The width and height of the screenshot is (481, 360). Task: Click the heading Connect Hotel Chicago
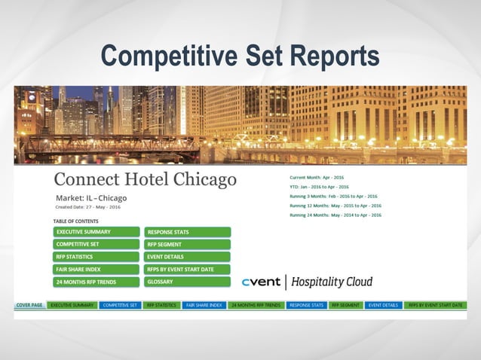pos(145,179)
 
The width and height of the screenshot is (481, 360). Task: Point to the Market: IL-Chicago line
pos(91,198)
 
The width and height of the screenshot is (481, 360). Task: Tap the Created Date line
pos(87,207)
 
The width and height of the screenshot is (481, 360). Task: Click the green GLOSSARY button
pos(187,282)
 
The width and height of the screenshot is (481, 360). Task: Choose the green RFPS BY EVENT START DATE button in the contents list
pos(187,269)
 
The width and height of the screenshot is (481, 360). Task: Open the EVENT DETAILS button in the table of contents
pos(187,257)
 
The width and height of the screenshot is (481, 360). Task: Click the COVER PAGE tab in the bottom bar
pos(29,305)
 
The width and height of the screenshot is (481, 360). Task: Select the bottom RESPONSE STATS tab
pos(306,305)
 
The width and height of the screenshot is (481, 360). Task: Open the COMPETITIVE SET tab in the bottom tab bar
pos(120,305)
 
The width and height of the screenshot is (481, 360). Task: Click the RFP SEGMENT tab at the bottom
pos(345,305)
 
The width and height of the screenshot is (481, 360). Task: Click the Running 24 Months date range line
pos(335,215)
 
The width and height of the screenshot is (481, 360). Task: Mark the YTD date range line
pos(319,187)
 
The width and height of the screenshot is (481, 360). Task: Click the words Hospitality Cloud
pos(331,282)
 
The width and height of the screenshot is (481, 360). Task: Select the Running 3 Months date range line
pos(333,196)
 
